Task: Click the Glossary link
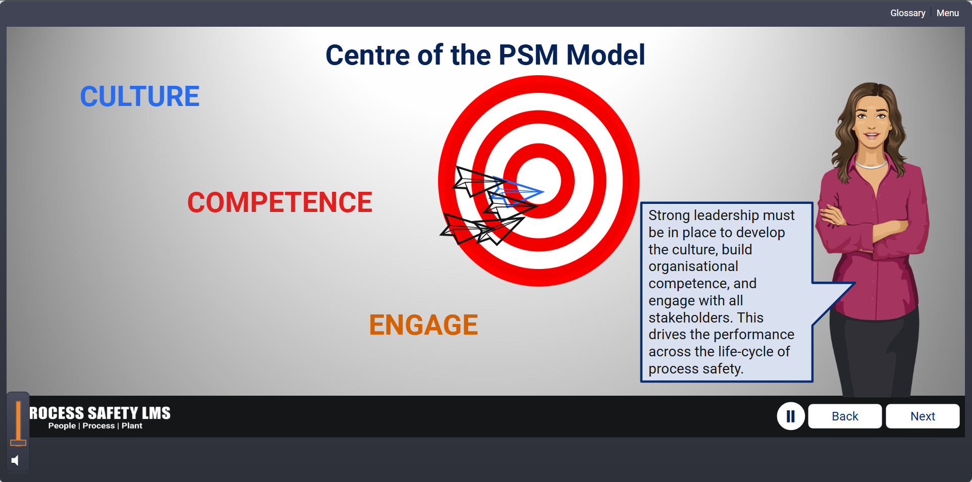click(x=907, y=13)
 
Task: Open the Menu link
click(x=947, y=13)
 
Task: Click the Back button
click(x=845, y=416)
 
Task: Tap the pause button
click(x=791, y=416)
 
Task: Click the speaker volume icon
click(x=15, y=460)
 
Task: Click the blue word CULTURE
click(x=140, y=96)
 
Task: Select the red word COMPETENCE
click(x=280, y=202)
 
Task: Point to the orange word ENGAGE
click(x=423, y=325)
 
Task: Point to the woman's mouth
click(x=872, y=135)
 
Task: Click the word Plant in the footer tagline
click(x=132, y=426)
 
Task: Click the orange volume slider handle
click(x=18, y=443)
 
